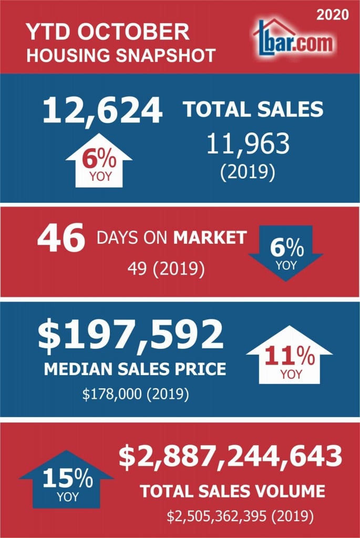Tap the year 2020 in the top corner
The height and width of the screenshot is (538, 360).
coord(332,14)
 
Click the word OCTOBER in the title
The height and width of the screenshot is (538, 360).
coord(133,32)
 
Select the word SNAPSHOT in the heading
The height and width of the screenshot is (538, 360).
coord(166,55)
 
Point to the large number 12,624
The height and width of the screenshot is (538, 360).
coord(102,110)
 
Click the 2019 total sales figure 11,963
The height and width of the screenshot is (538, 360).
coord(248,143)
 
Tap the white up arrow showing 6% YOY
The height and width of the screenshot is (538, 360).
coord(99,161)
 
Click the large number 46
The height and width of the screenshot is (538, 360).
coord(61,237)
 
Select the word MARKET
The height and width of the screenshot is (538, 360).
coord(210,237)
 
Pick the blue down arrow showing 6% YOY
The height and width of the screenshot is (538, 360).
coord(285,253)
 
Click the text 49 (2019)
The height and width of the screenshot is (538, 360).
coord(166,268)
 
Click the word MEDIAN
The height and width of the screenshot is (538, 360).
coord(78,369)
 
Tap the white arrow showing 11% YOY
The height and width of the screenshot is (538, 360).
coord(289,355)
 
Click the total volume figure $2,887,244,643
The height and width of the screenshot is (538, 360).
coord(231,457)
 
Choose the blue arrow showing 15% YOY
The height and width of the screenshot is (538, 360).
coord(66,479)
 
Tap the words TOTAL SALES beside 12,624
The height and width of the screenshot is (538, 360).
coord(253,109)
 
